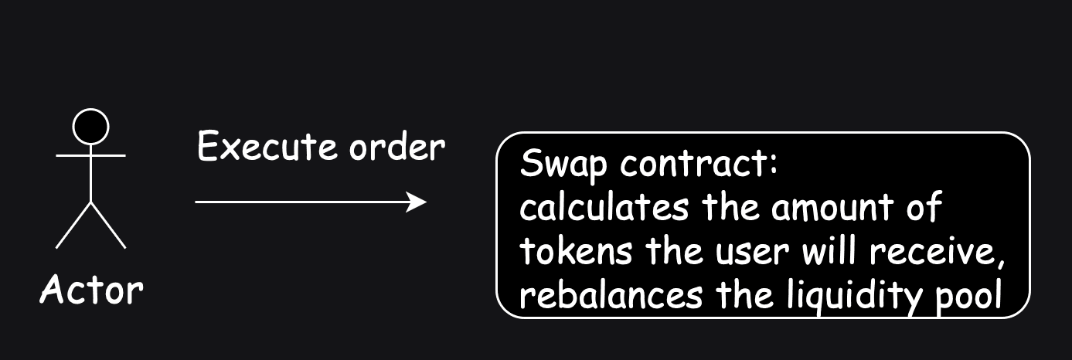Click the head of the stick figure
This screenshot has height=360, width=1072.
pyautogui.click(x=90, y=126)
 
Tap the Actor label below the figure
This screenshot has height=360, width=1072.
pyautogui.click(x=91, y=290)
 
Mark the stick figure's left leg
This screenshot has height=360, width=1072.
pyautogui.click(x=73, y=225)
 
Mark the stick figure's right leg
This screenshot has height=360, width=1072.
pyautogui.click(x=108, y=225)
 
